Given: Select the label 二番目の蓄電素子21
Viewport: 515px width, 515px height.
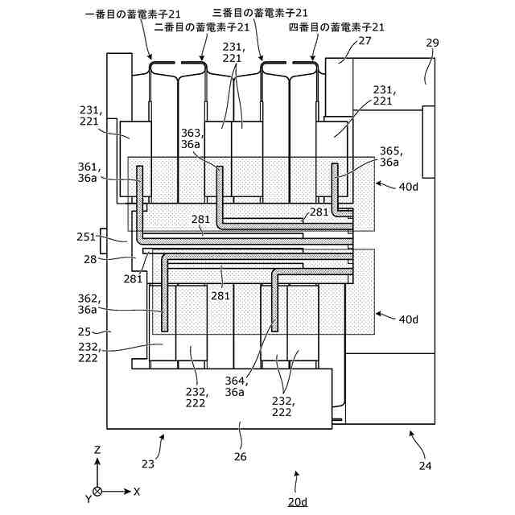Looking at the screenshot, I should (x=196, y=27).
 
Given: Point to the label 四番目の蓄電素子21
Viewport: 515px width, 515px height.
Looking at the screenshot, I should (x=336, y=27).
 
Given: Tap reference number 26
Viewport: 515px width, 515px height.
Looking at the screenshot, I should (x=241, y=456).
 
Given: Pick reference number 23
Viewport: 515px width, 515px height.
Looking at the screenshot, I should (x=147, y=463).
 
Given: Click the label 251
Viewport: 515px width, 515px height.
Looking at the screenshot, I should (x=86, y=237).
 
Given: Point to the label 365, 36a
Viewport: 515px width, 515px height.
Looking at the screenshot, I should (x=389, y=156).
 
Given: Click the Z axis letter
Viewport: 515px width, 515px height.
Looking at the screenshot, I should (x=97, y=450).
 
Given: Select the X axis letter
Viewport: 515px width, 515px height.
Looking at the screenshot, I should (x=137, y=490).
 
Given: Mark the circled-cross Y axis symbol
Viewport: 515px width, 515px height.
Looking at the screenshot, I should (x=97, y=490).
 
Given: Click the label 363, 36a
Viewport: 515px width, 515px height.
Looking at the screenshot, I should (x=192, y=138).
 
